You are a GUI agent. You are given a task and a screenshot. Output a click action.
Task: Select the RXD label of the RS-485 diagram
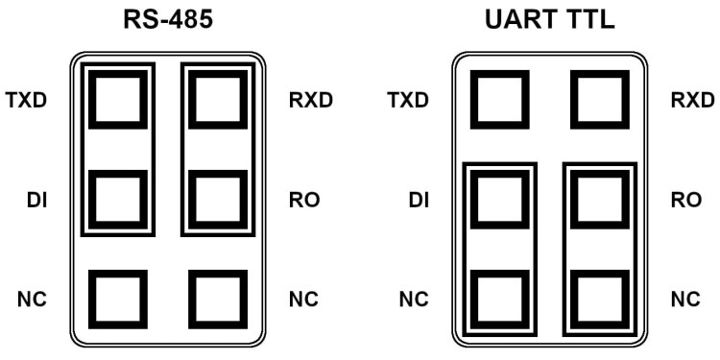tap(310, 100)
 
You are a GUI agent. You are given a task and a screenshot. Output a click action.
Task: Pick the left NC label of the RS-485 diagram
tap(34, 299)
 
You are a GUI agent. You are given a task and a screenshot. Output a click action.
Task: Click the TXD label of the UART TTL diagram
tap(407, 100)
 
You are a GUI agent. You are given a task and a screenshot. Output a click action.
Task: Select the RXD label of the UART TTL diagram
tap(692, 100)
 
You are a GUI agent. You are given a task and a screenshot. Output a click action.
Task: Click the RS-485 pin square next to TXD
tap(118, 99)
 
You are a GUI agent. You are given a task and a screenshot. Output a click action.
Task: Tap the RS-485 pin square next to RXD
tap(218, 99)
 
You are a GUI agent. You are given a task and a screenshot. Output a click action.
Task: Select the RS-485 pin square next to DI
tap(118, 200)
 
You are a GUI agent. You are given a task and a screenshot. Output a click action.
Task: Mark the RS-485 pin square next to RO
tap(218, 200)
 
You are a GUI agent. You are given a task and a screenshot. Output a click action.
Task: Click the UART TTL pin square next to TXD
tap(499, 99)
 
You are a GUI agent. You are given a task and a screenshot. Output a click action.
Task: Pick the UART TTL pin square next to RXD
tap(600, 99)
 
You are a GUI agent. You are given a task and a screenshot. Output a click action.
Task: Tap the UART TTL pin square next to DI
tap(499, 200)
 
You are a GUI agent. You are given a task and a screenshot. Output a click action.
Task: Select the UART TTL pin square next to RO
tap(600, 200)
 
